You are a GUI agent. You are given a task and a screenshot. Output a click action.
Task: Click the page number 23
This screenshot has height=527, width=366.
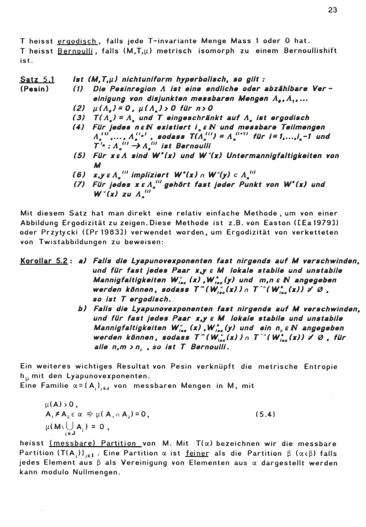[332, 10]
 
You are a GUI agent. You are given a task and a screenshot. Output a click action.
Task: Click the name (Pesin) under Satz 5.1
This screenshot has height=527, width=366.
[35, 89]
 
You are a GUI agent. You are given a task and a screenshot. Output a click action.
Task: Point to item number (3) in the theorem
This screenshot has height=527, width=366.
[79, 118]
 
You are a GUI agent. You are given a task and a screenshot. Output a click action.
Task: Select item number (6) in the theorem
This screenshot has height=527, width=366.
[79, 175]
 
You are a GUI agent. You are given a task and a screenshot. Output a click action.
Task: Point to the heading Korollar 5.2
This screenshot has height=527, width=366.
[44, 261]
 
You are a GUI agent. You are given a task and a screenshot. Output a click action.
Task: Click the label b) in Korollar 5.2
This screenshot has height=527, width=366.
[82, 309]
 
